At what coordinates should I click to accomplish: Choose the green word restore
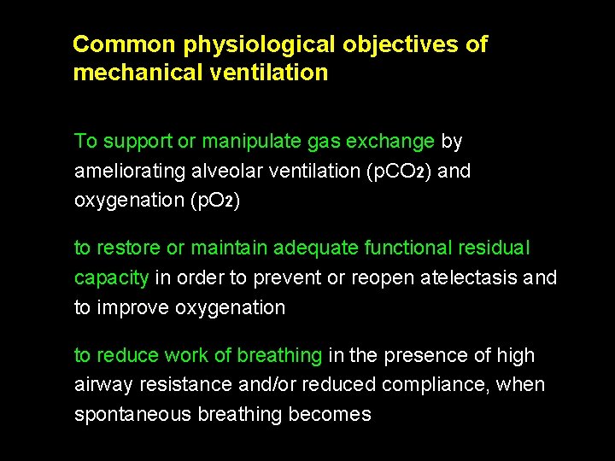[x=128, y=248]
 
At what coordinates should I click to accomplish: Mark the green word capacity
[x=111, y=278]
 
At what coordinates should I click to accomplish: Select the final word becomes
[x=331, y=415]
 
